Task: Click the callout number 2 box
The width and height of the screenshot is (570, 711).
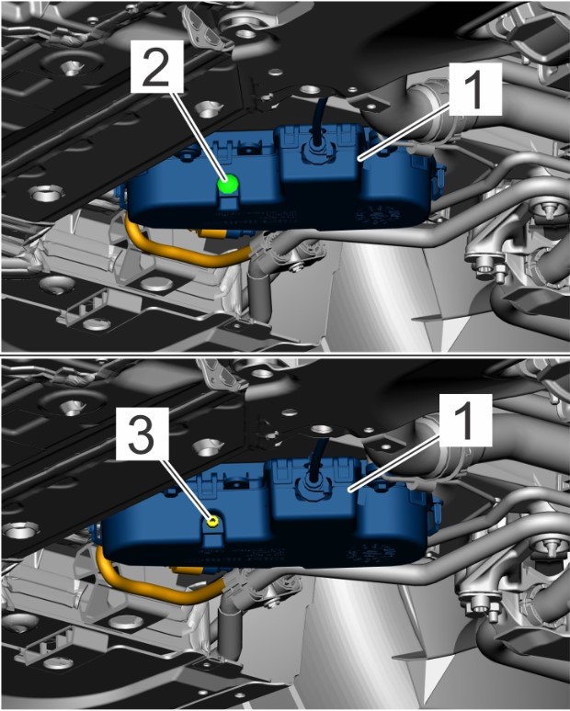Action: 157,66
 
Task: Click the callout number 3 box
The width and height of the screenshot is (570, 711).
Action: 142,434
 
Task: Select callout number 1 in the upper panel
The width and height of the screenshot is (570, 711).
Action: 475,89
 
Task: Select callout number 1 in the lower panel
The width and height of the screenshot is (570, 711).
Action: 466,420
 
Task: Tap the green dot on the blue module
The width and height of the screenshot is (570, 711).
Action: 228,184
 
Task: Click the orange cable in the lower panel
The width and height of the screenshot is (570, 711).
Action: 154,586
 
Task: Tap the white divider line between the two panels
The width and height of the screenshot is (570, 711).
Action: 285,355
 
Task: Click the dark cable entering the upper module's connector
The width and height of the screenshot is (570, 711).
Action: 320,117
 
